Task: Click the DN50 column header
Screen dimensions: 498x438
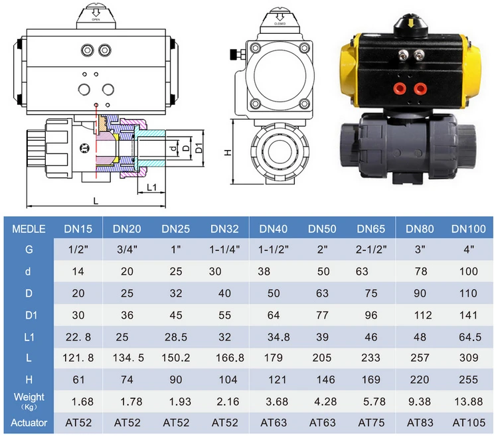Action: click(x=322, y=229)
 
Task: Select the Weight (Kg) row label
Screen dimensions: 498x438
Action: click(x=29, y=402)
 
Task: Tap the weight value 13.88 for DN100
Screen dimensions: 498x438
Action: click(x=469, y=402)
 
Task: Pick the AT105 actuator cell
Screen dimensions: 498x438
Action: click(x=469, y=423)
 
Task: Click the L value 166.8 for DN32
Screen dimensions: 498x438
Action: click(x=230, y=358)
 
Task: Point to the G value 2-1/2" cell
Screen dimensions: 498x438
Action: click(x=371, y=250)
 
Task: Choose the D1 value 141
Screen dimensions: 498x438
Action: click(x=469, y=315)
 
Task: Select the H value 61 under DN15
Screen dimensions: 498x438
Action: click(x=78, y=380)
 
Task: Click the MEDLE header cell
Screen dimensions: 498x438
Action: click(x=29, y=229)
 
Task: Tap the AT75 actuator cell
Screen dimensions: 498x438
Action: click(x=371, y=423)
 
